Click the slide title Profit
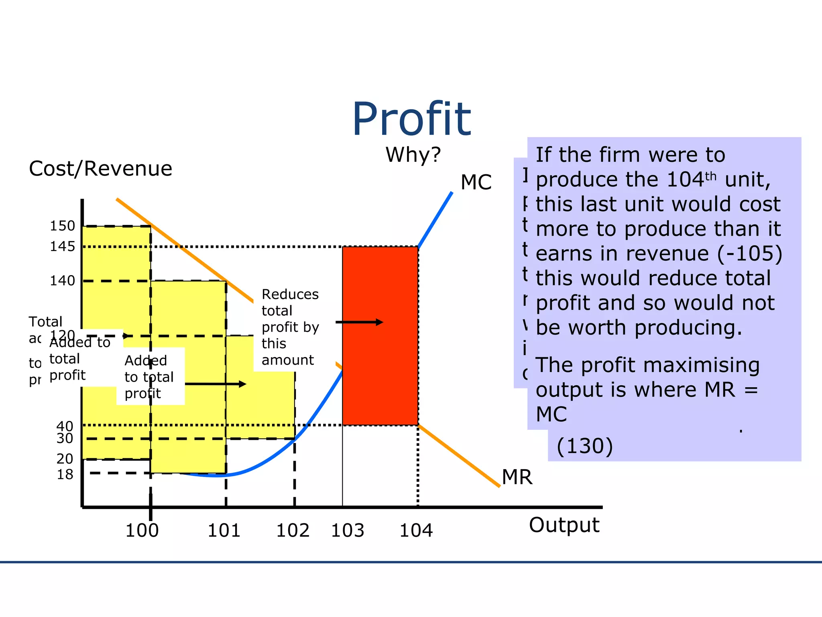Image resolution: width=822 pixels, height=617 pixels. coord(411,119)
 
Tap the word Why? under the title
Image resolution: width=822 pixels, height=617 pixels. coord(413,155)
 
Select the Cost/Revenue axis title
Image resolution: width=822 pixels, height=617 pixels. coord(100,168)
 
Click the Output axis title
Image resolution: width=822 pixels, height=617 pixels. coord(564,525)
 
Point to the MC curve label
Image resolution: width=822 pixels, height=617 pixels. coord(476,182)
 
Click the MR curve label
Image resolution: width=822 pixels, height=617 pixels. coord(517,477)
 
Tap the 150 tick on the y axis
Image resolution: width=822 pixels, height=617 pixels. coord(62,226)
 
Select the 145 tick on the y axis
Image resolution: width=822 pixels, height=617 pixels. coord(62,246)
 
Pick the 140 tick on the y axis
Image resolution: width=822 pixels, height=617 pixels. coord(62,280)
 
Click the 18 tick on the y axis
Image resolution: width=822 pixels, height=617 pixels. coord(65,474)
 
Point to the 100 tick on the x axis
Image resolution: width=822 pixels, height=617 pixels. coord(142,530)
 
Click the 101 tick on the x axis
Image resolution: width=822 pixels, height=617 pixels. coord(224,530)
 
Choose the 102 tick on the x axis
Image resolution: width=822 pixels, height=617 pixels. coord(293,530)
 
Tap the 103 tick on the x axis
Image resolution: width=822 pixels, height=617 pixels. coord(348,530)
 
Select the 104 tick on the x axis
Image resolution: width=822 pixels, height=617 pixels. coord(416,530)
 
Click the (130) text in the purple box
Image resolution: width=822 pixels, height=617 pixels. coord(585,446)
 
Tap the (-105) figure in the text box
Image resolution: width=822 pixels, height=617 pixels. coord(750,253)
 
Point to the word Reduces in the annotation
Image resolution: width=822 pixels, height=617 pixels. coord(290,294)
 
